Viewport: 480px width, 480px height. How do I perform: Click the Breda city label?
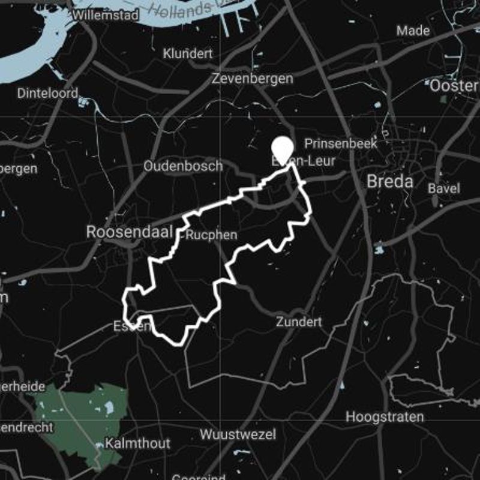tap(389, 181)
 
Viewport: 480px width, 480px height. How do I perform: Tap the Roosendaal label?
tap(130, 232)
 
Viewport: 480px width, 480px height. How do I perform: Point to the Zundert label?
tap(299, 322)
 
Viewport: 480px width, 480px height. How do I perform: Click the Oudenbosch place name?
tap(183, 166)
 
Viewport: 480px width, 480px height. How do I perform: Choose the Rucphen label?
tap(212, 235)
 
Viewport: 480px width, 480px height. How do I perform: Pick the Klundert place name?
tap(188, 54)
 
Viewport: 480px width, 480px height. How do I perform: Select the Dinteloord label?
tap(48, 94)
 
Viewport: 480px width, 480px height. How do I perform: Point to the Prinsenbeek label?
tap(341, 144)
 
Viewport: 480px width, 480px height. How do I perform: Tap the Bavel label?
tap(443, 188)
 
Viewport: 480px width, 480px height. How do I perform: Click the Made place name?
tap(413, 30)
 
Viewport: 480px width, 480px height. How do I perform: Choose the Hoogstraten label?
tap(385, 416)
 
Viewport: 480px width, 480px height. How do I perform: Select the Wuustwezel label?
tap(238, 434)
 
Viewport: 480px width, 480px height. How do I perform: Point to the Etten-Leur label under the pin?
tap(303, 161)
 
